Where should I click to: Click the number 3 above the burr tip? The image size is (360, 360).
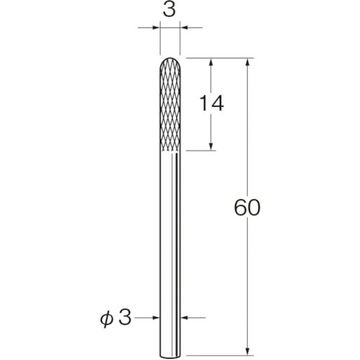coord(169,10)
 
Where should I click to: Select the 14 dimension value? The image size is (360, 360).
coord(212,103)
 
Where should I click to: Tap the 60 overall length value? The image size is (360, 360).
coord(247,207)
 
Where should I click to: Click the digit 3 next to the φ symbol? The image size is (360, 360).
coord(125,317)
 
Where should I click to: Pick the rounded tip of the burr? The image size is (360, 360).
coord(170,58)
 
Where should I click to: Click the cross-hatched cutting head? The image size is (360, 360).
coord(170,104)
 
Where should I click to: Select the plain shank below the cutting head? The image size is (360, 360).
coord(170,255)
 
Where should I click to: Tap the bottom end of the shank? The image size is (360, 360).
coord(170,357)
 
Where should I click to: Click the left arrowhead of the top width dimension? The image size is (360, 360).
coord(156,27)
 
